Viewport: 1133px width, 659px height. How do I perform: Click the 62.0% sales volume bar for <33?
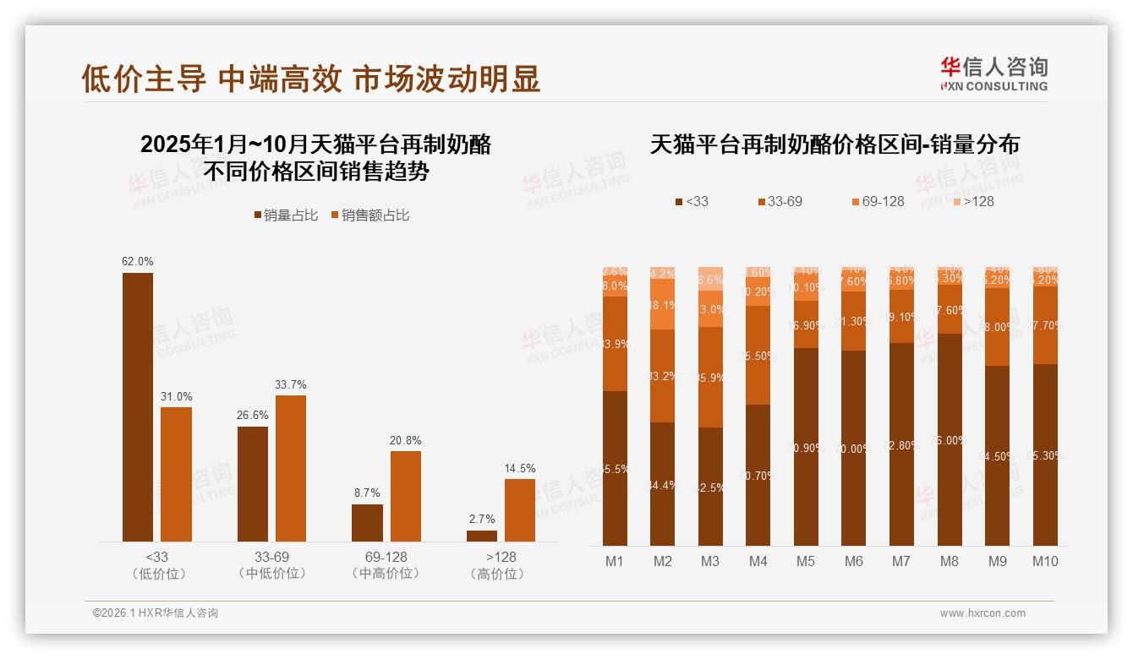(138, 406)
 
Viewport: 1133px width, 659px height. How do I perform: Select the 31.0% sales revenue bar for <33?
(176, 474)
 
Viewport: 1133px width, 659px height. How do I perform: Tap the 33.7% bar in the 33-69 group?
(291, 468)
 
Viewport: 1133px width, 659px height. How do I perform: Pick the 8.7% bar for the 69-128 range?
(367, 523)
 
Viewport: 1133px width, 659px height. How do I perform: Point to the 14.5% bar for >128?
(520, 510)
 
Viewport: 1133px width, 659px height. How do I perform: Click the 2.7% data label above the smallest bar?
(481, 519)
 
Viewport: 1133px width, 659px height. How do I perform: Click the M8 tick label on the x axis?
(950, 561)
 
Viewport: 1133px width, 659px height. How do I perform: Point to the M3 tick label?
(710, 561)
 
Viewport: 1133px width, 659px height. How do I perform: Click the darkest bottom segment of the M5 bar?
(807, 446)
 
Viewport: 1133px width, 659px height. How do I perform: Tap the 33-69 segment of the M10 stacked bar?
(1045, 324)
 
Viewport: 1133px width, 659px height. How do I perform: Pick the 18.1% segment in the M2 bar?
(663, 304)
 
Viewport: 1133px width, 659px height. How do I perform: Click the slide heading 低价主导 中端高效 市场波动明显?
(311, 79)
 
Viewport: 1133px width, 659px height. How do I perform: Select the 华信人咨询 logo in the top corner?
(993, 74)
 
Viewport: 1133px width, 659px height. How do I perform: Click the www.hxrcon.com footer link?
(982, 613)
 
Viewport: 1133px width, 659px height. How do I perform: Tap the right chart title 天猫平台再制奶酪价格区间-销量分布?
(835, 144)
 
